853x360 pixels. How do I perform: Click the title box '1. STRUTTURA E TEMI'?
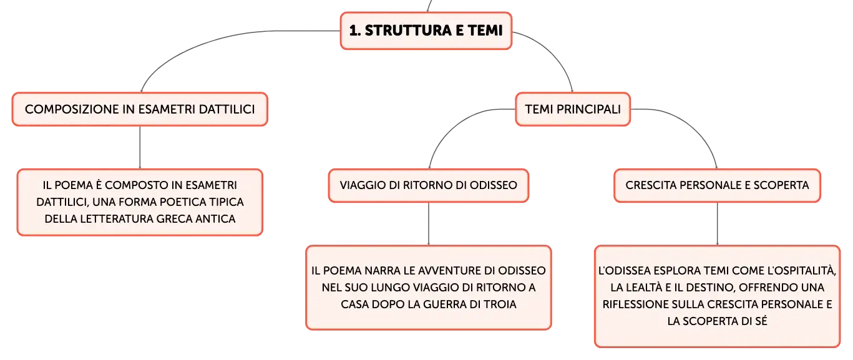[x=426, y=31]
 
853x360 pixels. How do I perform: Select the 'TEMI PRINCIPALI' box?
[x=573, y=109]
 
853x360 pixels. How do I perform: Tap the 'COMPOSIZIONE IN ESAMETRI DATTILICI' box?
[x=140, y=109]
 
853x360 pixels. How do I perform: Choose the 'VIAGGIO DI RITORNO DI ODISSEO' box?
[x=429, y=185]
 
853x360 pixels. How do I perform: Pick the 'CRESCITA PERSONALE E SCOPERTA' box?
[x=717, y=185]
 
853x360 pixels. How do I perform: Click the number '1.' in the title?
[x=355, y=31]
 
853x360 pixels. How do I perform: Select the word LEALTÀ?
[x=643, y=288]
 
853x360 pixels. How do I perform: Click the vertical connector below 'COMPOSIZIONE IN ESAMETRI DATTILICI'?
[x=140, y=147]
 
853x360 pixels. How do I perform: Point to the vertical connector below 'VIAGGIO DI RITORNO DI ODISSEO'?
[x=429, y=224]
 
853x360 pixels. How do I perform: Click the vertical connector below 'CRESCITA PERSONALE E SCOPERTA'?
[x=718, y=224]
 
